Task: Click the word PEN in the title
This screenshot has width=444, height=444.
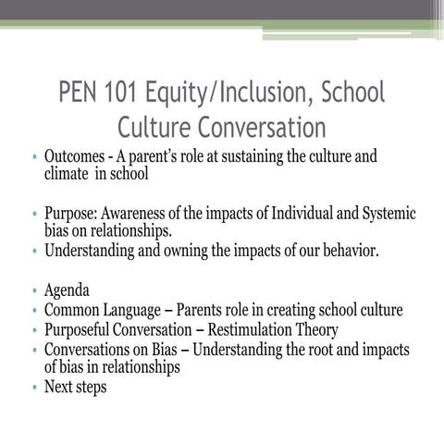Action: (80, 94)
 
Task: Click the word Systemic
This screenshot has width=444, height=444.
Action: (384, 214)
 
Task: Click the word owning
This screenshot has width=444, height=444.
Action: (186, 250)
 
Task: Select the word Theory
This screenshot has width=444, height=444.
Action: (315, 329)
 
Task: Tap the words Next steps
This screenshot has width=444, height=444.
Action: (75, 387)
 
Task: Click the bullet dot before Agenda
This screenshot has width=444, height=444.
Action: (33, 291)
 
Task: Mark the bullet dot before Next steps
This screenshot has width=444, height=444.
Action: (33, 388)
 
